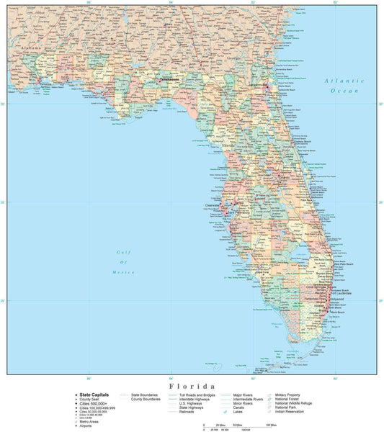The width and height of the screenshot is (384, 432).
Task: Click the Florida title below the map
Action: click(x=192, y=386)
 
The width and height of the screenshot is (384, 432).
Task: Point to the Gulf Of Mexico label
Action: click(x=125, y=262)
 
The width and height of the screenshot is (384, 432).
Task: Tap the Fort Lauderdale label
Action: click(x=341, y=292)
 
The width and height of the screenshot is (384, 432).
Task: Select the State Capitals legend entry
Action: click(x=94, y=395)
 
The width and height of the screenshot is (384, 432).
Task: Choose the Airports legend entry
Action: click(x=86, y=426)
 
